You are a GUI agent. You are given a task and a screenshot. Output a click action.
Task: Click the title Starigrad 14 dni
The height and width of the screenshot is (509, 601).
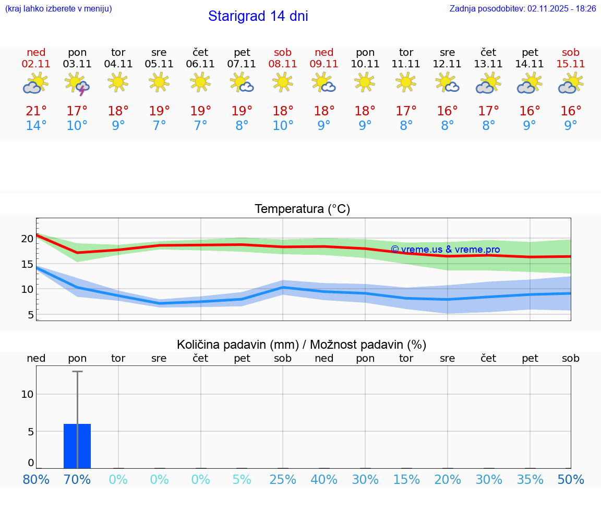pyautogui.click(x=258, y=16)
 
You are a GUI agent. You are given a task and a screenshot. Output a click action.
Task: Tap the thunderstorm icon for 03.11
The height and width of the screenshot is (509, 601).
pyautogui.click(x=77, y=84)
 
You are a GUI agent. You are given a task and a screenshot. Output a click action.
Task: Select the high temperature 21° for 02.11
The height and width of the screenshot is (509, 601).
pyautogui.click(x=36, y=111)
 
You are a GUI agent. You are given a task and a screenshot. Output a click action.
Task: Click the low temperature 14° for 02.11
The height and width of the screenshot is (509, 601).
pyautogui.click(x=36, y=126)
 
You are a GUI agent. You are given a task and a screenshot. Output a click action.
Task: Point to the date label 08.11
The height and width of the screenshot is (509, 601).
pyautogui.click(x=283, y=64)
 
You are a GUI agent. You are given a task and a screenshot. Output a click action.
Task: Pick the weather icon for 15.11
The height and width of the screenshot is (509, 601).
pyautogui.click(x=571, y=84)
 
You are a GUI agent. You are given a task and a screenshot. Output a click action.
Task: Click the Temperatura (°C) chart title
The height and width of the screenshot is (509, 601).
pyautogui.click(x=302, y=209)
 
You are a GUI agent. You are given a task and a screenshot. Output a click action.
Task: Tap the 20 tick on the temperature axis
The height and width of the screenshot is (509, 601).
pyautogui.click(x=27, y=239)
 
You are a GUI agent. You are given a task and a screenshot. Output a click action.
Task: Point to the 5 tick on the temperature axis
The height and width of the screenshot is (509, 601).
pyautogui.click(x=30, y=315)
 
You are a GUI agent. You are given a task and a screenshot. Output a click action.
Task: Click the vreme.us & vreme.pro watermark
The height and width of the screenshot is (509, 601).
pyautogui.click(x=445, y=250)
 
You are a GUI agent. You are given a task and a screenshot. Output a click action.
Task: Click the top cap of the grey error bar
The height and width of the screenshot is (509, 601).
pyautogui.click(x=77, y=371)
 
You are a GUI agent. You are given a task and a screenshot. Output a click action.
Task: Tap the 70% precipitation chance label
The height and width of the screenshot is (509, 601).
pyautogui.click(x=77, y=480)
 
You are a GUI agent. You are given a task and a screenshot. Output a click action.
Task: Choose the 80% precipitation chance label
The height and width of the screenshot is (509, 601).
pyautogui.click(x=36, y=480)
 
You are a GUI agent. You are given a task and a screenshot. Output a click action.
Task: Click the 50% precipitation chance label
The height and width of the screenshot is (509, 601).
pyautogui.click(x=571, y=480)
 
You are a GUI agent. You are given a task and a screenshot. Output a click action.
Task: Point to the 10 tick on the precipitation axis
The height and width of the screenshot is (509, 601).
pyautogui.click(x=27, y=394)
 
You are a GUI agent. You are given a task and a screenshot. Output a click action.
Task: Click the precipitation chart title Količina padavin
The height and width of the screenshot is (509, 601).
pyautogui.click(x=302, y=345)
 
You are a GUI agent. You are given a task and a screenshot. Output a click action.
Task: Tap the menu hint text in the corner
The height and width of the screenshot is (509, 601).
pyautogui.click(x=58, y=8)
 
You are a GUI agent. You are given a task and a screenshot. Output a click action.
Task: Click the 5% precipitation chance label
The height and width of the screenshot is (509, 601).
pyautogui.click(x=242, y=480)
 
